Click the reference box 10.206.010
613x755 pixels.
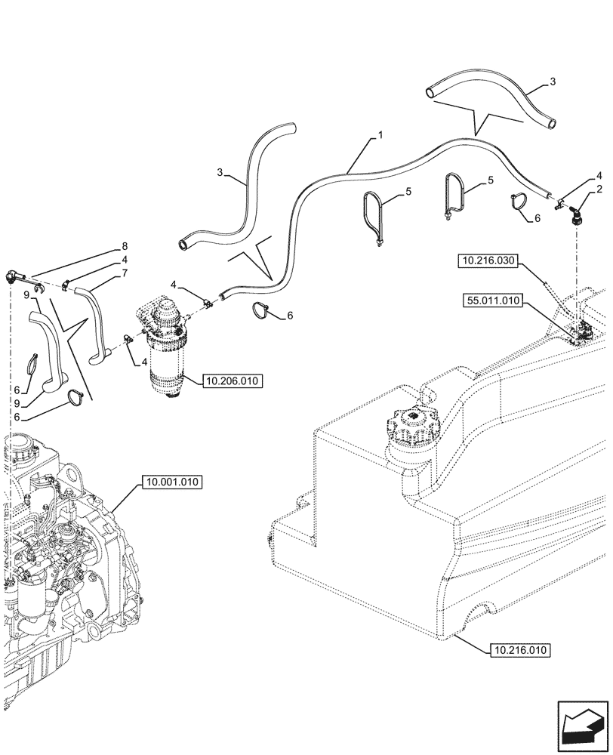(231, 382)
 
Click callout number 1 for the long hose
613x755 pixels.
(380, 135)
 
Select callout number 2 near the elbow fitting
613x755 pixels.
(599, 190)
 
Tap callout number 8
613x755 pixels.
(125, 246)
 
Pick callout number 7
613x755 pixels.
(125, 273)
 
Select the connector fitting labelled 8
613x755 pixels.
(14, 275)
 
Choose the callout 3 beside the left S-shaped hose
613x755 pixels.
(220, 173)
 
